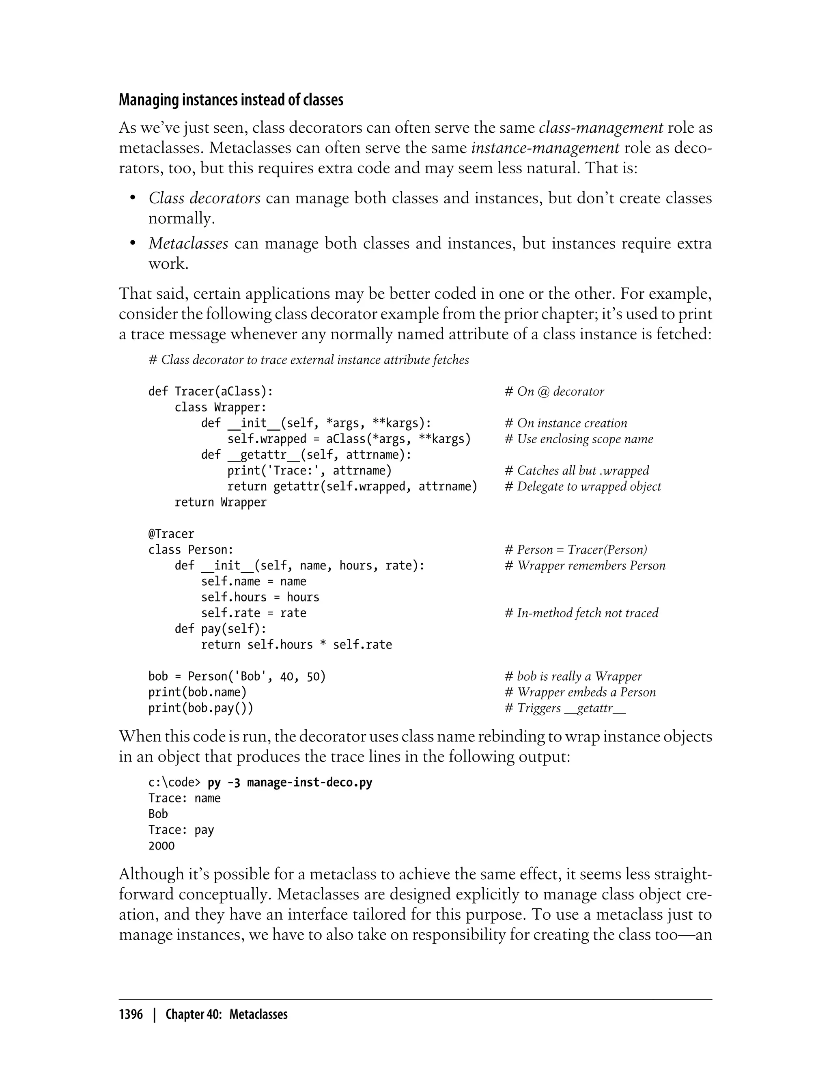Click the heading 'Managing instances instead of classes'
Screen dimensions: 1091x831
coord(230,100)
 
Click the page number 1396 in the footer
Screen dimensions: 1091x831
coord(131,1014)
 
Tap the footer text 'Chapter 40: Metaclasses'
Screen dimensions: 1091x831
coord(226,1014)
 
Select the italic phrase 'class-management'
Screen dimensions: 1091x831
coord(601,128)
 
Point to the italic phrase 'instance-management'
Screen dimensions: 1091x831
coord(545,148)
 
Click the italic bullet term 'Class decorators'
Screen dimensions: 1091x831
coord(204,198)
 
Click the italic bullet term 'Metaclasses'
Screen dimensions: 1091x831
coord(188,244)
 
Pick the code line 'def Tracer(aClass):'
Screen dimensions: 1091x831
coord(211,391)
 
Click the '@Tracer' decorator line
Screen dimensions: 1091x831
coord(171,534)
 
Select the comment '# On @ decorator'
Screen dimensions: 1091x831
coord(554,391)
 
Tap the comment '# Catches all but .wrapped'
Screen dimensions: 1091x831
coord(577,470)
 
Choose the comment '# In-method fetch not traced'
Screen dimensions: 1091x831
coord(581,613)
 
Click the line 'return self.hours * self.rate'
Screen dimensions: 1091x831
coord(296,645)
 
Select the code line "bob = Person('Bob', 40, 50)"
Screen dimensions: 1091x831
coord(237,676)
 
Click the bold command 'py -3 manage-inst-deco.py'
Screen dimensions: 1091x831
coord(290,782)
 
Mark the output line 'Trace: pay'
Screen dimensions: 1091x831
coord(181,830)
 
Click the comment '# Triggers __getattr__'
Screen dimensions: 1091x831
coord(565,708)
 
